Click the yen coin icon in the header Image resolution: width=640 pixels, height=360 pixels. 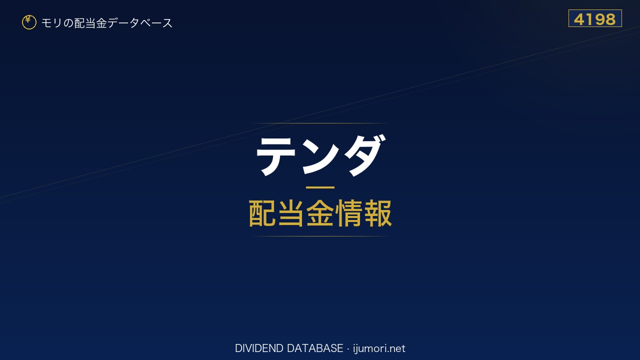coord(29,22)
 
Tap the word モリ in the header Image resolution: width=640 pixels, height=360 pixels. coord(51,23)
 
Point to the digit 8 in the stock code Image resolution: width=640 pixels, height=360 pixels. coord(609,19)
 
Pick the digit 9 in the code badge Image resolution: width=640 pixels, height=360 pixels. coord(597,19)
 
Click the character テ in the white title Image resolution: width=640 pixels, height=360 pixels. coord(276,156)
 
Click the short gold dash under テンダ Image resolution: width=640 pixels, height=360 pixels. coord(320,187)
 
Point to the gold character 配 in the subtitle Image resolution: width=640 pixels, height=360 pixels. coord(262,213)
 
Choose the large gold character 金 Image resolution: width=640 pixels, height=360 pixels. coord(320,213)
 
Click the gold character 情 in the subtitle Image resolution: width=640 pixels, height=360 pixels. coord(348,213)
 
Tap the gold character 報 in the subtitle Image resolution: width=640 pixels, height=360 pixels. coord(377,213)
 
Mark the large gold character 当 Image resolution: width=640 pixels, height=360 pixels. coord(291,213)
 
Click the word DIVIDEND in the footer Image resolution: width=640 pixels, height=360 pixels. coord(259,348)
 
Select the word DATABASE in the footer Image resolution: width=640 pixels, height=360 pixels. coord(315,348)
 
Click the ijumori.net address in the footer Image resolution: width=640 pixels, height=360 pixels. coord(379,348)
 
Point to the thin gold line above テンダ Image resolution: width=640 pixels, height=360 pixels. coord(320,123)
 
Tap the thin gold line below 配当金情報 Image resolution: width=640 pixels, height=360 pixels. coord(320,236)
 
